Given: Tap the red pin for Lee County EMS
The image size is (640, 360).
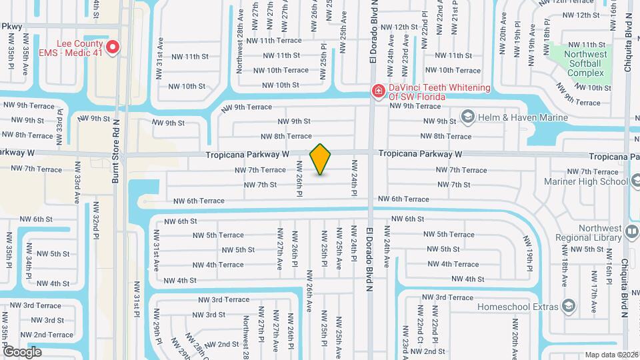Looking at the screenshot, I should [113, 47].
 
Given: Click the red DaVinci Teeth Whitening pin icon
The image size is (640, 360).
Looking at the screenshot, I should [378, 90].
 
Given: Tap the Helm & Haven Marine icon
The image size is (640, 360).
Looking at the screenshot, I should [467, 118].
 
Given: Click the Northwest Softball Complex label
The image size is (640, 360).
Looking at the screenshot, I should [584, 63].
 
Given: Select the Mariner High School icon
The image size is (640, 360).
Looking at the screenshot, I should [633, 180].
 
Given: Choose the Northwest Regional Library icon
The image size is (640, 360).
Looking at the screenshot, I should [632, 231].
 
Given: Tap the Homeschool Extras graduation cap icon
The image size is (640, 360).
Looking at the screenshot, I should [569, 306].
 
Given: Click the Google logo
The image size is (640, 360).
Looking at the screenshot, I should [23, 351].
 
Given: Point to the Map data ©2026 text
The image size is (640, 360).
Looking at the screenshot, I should [611, 355].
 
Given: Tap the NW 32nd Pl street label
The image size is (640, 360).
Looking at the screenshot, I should [96, 224].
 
